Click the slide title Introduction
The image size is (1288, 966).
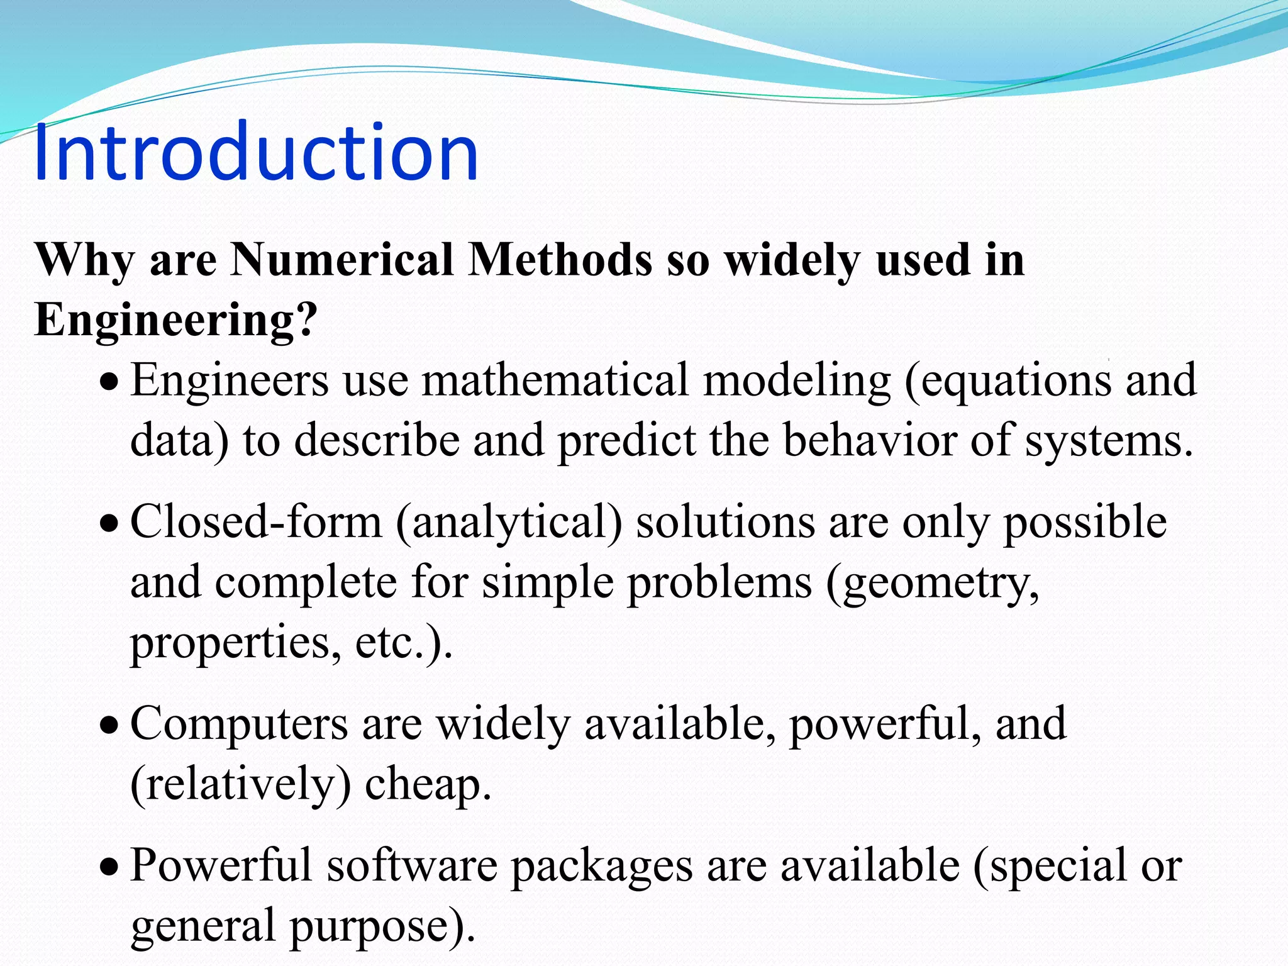(256, 153)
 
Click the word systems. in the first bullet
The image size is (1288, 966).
(1109, 441)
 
